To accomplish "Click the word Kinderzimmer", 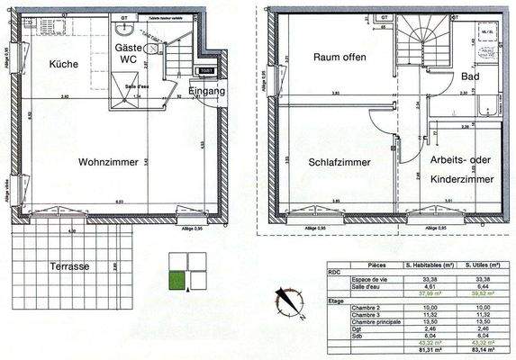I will (458, 180).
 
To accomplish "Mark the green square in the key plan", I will (177, 281).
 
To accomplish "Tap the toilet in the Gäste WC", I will (149, 49).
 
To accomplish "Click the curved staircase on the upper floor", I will (422, 47).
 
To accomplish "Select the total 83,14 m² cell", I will (476, 350).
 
